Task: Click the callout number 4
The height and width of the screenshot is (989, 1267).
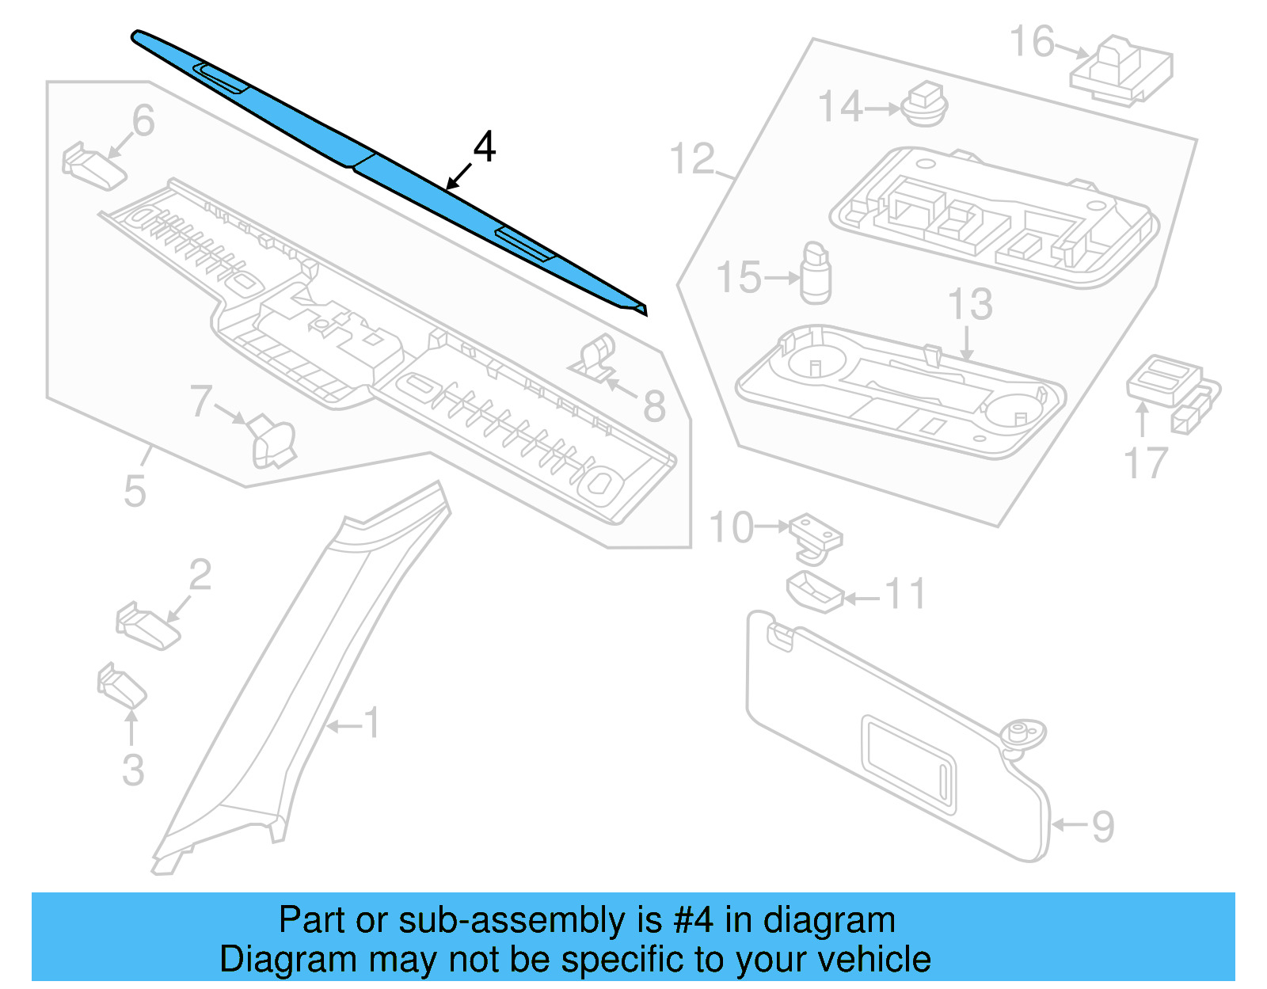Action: pyautogui.click(x=484, y=147)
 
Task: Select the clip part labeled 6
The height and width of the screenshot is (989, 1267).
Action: pyautogui.click(x=93, y=165)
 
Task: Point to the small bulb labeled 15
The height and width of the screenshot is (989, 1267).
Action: pyautogui.click(x=816, y=275)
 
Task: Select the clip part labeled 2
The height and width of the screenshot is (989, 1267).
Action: pyautogui.click(x=147, y=627)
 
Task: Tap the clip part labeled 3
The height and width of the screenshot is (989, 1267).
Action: pyautogui.click(x=121, y=686)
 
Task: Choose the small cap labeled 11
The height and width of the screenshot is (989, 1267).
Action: pyautogui.click(x=813, y=591)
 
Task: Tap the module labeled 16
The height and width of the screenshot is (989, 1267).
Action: pyautogui.click(x=1121, y=70)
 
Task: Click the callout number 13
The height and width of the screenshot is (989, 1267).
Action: pyautogui.click(x=970, y=305)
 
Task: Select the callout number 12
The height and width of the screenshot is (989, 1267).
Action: pyautogui.click(x=692, y=159)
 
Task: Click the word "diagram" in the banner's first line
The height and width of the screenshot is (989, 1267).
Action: pyautogui.click(x=829, y=920)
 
